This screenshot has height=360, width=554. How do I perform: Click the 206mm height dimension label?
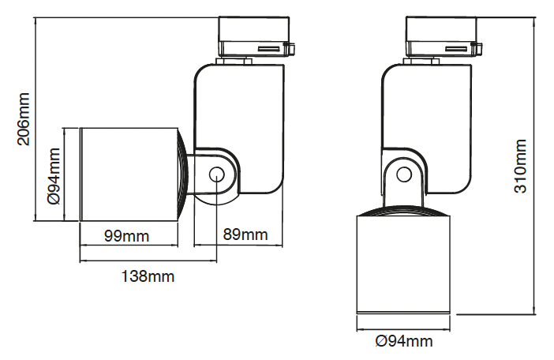pos(24,118)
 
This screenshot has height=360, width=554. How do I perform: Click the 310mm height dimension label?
pos(520,167)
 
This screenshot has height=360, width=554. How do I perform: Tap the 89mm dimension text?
pos(245,235)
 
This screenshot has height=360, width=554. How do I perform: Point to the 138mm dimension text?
pos(148,276)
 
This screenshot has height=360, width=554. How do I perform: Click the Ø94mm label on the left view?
pos(55,175)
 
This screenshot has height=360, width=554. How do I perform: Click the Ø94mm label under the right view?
pos(405,341)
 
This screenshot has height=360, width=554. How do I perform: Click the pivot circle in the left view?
pos(215,174)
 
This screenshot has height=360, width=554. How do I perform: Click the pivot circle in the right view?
pos(404,174)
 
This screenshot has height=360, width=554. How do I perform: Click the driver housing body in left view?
pos(253,118)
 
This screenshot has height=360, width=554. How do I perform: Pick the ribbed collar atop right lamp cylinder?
pos(405,211)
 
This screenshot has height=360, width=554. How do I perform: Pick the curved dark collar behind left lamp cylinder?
pos(181,175)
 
